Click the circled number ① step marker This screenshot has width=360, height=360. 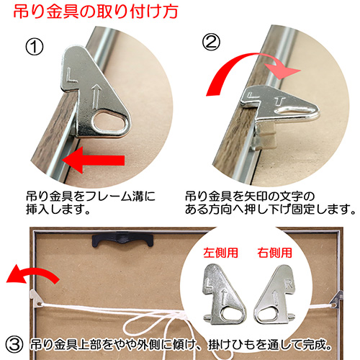tap(35, 47)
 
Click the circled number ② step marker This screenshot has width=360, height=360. tap(211, 42)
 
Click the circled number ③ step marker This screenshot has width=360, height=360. tap(14, 345)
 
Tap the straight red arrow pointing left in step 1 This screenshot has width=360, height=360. tap(94, 160)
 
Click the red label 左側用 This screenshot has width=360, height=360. tap(220, 253)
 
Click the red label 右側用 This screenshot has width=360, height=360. tap(274, 253)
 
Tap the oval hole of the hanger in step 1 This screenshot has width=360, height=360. tap(111, 122)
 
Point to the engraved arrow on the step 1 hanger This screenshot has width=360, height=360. tap(96, 96)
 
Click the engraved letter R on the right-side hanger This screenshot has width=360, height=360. tap(289, 284)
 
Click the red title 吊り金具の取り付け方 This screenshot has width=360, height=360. tap(96, 12)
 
